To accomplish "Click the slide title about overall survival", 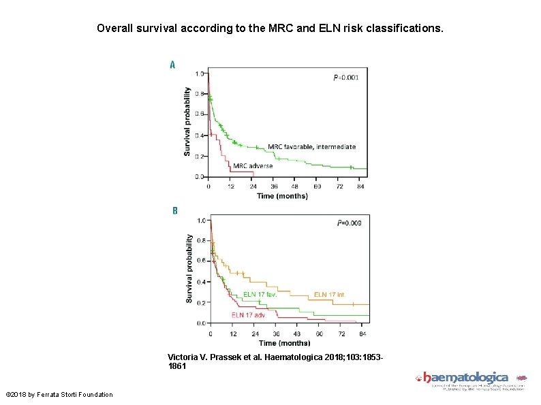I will (x=270, y=29).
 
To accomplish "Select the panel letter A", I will (x=172, y=65).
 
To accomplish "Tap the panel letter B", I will (x=174, y=211).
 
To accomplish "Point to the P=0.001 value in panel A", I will (x=345, y=78).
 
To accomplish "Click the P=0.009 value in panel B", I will (x=350, y=223).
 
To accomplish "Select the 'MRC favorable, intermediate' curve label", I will (x=311, y=146).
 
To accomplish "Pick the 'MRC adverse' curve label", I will (x=253, y=165).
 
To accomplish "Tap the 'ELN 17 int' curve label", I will (x=328, y=295).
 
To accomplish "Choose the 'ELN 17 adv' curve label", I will (x=248, y=314).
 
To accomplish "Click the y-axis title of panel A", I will (x=187, y=121).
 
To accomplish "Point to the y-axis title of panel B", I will (x=189, y=269).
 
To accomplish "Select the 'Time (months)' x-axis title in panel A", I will (x=281, y=196).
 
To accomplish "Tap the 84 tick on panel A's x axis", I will (x=360, y=186).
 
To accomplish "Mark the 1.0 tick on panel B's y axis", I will (x=202, y=221).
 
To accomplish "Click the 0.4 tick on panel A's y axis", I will (x=200, y=135).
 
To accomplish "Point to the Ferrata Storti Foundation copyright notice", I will (x=59, y=395).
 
